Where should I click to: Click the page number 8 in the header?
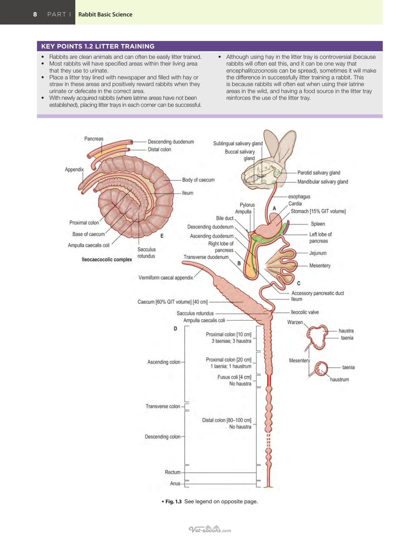click(35, 14)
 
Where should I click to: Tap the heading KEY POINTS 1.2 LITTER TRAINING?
click(98, 46)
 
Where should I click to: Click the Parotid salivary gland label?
click(319, 173)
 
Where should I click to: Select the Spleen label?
click(318, 224)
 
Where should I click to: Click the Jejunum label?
click(318, 253)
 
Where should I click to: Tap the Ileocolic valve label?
click(304, 312)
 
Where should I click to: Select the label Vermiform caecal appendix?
click(166, 278)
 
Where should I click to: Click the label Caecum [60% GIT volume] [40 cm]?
click(172, 302)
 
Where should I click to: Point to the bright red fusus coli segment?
click(269, 380)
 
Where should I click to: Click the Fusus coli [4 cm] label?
click(234, 377)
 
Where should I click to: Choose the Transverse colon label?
click(163, 406)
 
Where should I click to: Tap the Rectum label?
click(172, 472)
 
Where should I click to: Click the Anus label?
click(175, 483)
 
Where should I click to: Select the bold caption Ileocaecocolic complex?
click(107, 259)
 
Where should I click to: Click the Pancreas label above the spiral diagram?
click(94, 139)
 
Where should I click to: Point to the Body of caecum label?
click(198, 180)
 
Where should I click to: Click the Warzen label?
click(295, 322)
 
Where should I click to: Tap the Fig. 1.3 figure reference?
click(173, 501)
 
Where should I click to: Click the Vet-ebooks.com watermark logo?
click(210, 529)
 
